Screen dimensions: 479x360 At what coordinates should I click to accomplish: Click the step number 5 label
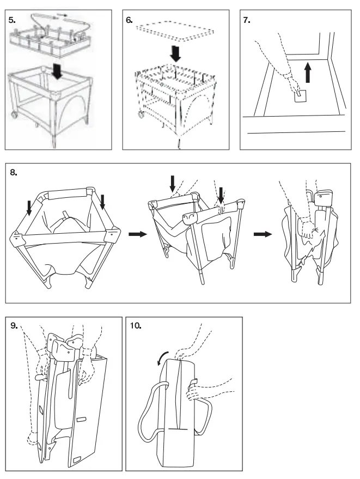[11, 19]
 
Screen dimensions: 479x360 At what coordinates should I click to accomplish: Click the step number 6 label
[129, 19]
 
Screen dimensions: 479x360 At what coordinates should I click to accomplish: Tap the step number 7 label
[247, 19]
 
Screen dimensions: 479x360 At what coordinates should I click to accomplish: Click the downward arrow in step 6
[175, 53]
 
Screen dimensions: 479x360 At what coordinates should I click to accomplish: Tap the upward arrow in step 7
[308, 71]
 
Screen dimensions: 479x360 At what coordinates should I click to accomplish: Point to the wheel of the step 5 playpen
[12, 116]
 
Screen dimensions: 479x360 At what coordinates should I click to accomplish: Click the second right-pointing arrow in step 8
[262, 234]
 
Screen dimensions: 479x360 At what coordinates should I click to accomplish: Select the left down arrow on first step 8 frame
[28, 208]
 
